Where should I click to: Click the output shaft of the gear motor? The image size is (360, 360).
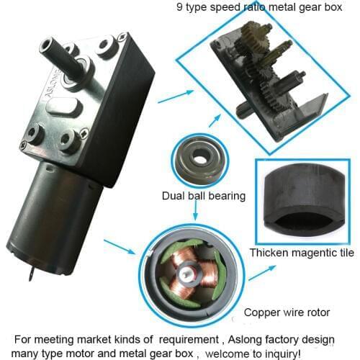pos(53,50)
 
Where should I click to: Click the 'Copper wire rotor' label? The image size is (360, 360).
pos(285,312)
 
